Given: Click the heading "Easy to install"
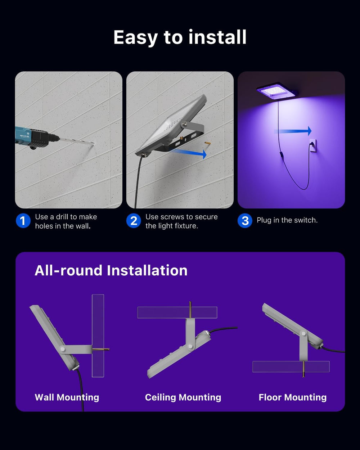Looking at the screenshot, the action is point(180,37).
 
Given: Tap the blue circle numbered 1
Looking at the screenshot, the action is point(23,221).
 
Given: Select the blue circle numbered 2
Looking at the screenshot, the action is point(134,221).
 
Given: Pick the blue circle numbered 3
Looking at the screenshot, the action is point(245,221).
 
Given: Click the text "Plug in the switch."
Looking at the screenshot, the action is point(287,220).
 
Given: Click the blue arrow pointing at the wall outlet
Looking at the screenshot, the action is point(293,131).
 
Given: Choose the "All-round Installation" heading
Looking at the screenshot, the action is point(111,271).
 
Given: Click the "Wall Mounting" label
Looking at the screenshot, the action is point(67,397).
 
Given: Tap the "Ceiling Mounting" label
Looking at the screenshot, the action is point(183,397).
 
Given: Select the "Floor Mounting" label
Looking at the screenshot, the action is point(293,397).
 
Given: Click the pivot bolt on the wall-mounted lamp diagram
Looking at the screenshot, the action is point(63,349).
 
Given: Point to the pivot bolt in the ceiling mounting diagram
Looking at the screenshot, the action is point(190,346).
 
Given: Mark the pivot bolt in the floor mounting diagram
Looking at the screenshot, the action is point(303,333).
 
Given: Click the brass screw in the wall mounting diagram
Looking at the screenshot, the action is point(100,349).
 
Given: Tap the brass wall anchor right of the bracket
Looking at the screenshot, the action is point(207,143).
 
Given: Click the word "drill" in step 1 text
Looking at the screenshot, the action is point(61,217).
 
